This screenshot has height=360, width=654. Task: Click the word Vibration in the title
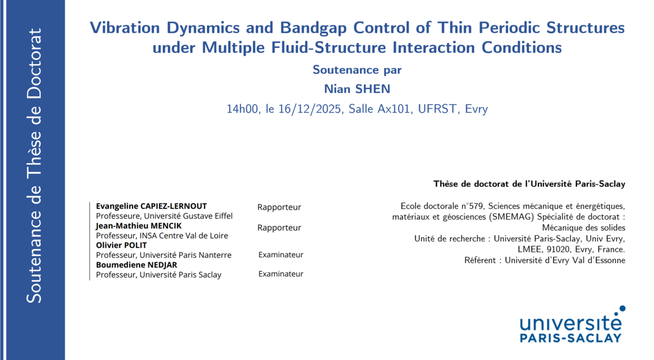[x=125, y=28]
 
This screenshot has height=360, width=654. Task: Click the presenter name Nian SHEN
[x=357, y=89]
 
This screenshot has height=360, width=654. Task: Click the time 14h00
[x=242, y=109]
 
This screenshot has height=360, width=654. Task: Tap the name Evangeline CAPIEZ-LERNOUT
[x=152, y=206]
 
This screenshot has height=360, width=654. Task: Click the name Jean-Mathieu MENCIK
[x=139, y=225]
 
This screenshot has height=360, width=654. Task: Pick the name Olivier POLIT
[x=121, y=245]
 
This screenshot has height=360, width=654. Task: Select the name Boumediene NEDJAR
[x=136, y=265]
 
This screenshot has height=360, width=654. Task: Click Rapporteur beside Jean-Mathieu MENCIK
[x=279, y=228]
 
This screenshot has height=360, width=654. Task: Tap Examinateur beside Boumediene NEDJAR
[x=281, y=274]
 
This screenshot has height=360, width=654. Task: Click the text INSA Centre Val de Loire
[x=184, y=235]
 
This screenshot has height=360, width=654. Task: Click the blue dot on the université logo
[x=622, y=309]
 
